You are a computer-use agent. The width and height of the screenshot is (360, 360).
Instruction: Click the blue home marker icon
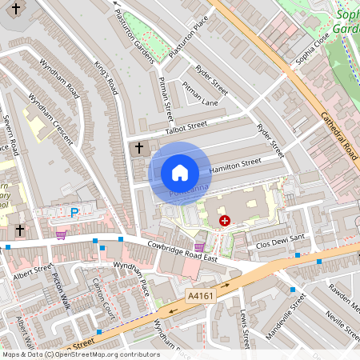coord(180,172)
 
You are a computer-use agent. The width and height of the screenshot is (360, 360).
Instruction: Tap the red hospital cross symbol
coord(224,220)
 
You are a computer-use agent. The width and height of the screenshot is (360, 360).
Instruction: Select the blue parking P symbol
coord(74,213)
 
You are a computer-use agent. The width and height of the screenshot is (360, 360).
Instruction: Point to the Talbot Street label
coord(186,126)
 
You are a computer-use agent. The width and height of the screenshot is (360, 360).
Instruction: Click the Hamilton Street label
coord(235,166)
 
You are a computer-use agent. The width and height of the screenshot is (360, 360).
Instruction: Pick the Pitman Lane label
coord(199,93)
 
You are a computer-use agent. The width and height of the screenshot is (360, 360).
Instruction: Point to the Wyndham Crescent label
coord(50,119)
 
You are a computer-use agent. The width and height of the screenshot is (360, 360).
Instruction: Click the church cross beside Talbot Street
coord(139,148)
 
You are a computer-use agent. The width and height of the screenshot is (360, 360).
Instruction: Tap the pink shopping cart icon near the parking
coord(62,235)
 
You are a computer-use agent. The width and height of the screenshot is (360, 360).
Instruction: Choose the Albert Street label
coord(33,272)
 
